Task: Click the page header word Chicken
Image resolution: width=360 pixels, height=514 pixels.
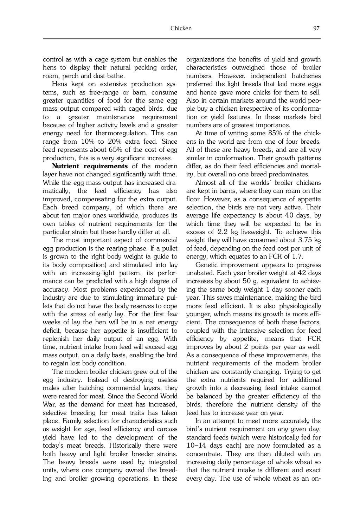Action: [181, 28]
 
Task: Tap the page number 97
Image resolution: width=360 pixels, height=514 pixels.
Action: [316, 28]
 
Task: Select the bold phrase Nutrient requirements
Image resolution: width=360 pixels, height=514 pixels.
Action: [90, 166]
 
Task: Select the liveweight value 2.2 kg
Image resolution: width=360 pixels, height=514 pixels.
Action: [227, 232]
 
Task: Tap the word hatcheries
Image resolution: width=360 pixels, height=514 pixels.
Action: [306, 76]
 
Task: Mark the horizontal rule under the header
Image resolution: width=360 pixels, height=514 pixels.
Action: [181, 39]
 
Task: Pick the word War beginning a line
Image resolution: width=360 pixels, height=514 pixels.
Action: [48, 405]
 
